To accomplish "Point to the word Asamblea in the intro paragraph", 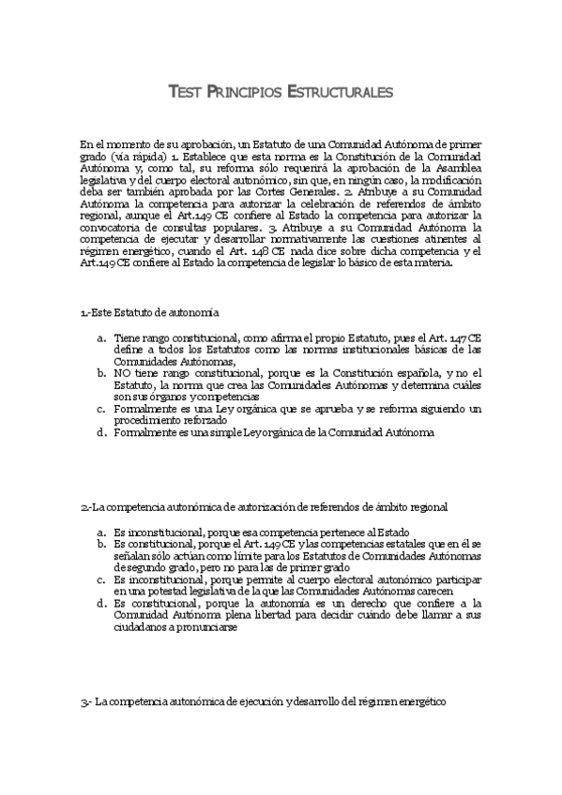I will pos(454,168).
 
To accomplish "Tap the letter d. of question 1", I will pos(100,433).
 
